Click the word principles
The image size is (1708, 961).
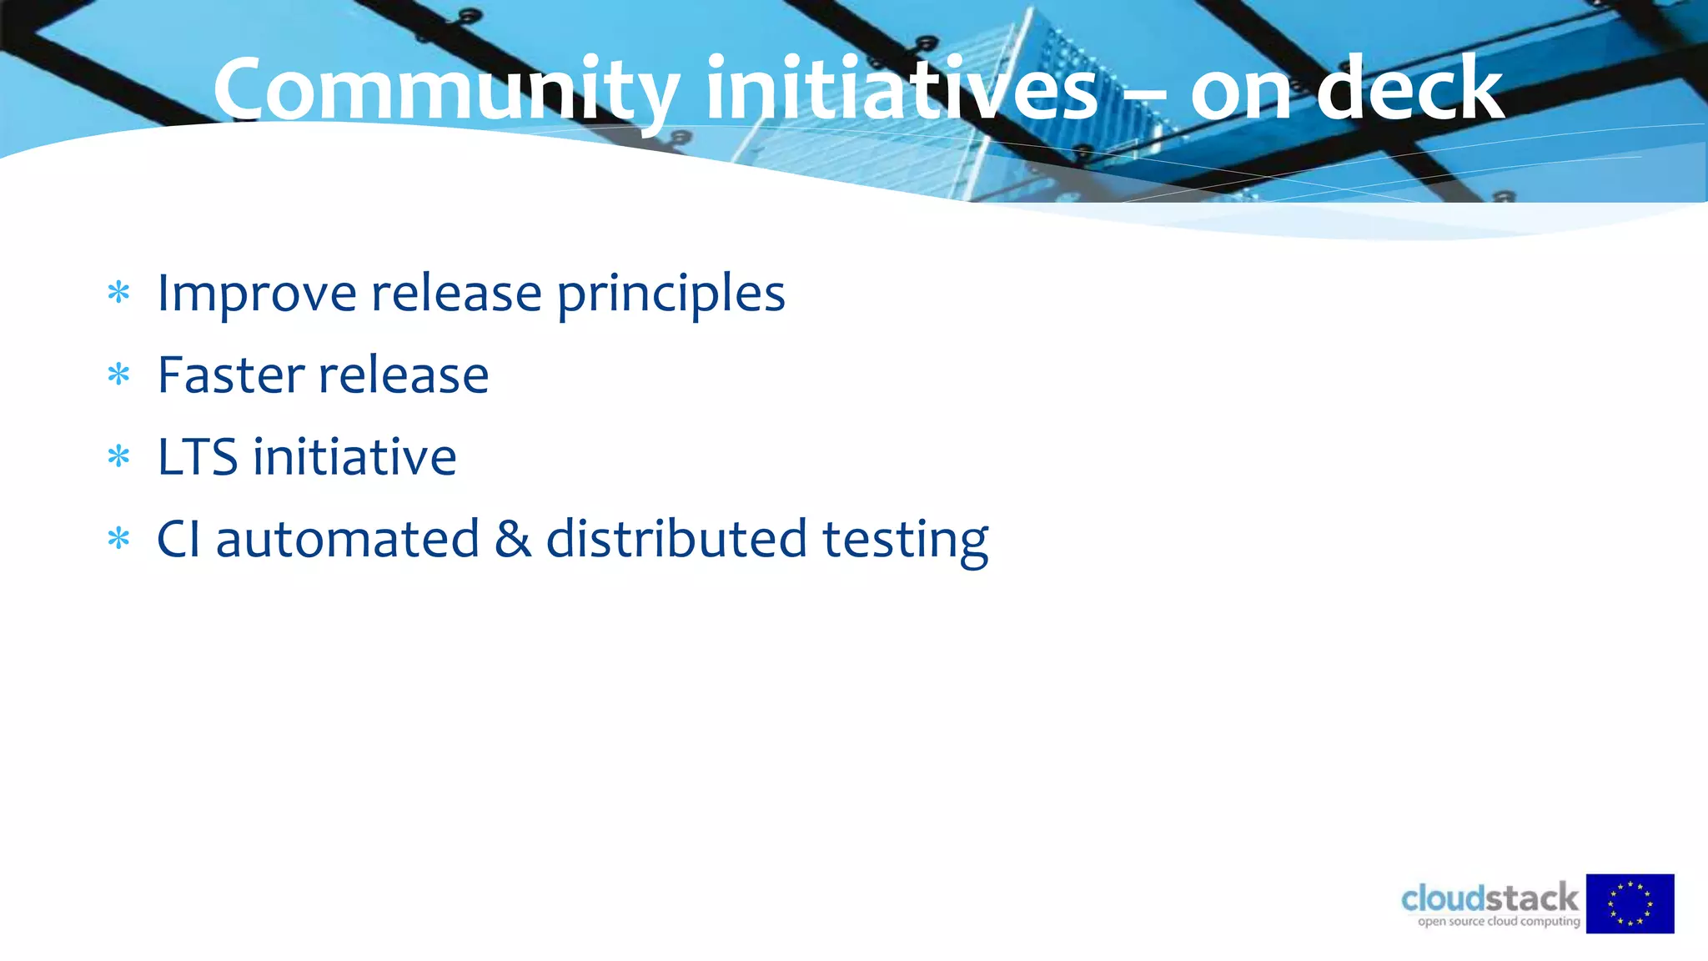tap(671, 294)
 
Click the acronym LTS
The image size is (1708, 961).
tap(197, 457)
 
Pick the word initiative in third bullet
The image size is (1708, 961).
tap(354, 457)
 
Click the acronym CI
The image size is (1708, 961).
tap(178, 539)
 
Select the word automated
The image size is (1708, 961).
tap(347, 539)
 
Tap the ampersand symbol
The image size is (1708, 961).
tap(512, 539)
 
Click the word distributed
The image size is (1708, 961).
tap(676, 539)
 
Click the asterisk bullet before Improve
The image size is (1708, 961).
tap(119, 293)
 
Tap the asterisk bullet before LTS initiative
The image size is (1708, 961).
tap(119, 456)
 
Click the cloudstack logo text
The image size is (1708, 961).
tap(1489, 898)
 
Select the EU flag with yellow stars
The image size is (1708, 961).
tap(1630, 903)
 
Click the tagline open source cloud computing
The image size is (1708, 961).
tap(1499, 922)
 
